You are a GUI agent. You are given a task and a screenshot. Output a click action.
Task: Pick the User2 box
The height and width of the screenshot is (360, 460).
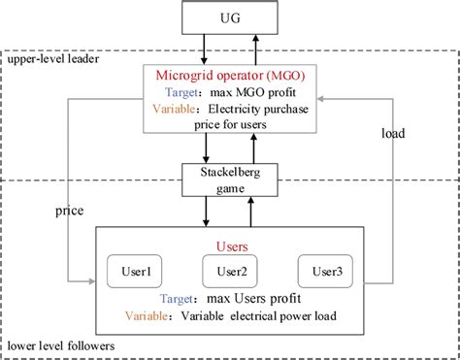[x=231, y=272]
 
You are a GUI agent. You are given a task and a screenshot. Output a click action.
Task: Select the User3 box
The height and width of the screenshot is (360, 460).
[x=325, y=272]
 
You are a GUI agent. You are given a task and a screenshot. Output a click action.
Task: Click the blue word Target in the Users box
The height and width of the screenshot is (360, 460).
[x=185, y=298]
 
